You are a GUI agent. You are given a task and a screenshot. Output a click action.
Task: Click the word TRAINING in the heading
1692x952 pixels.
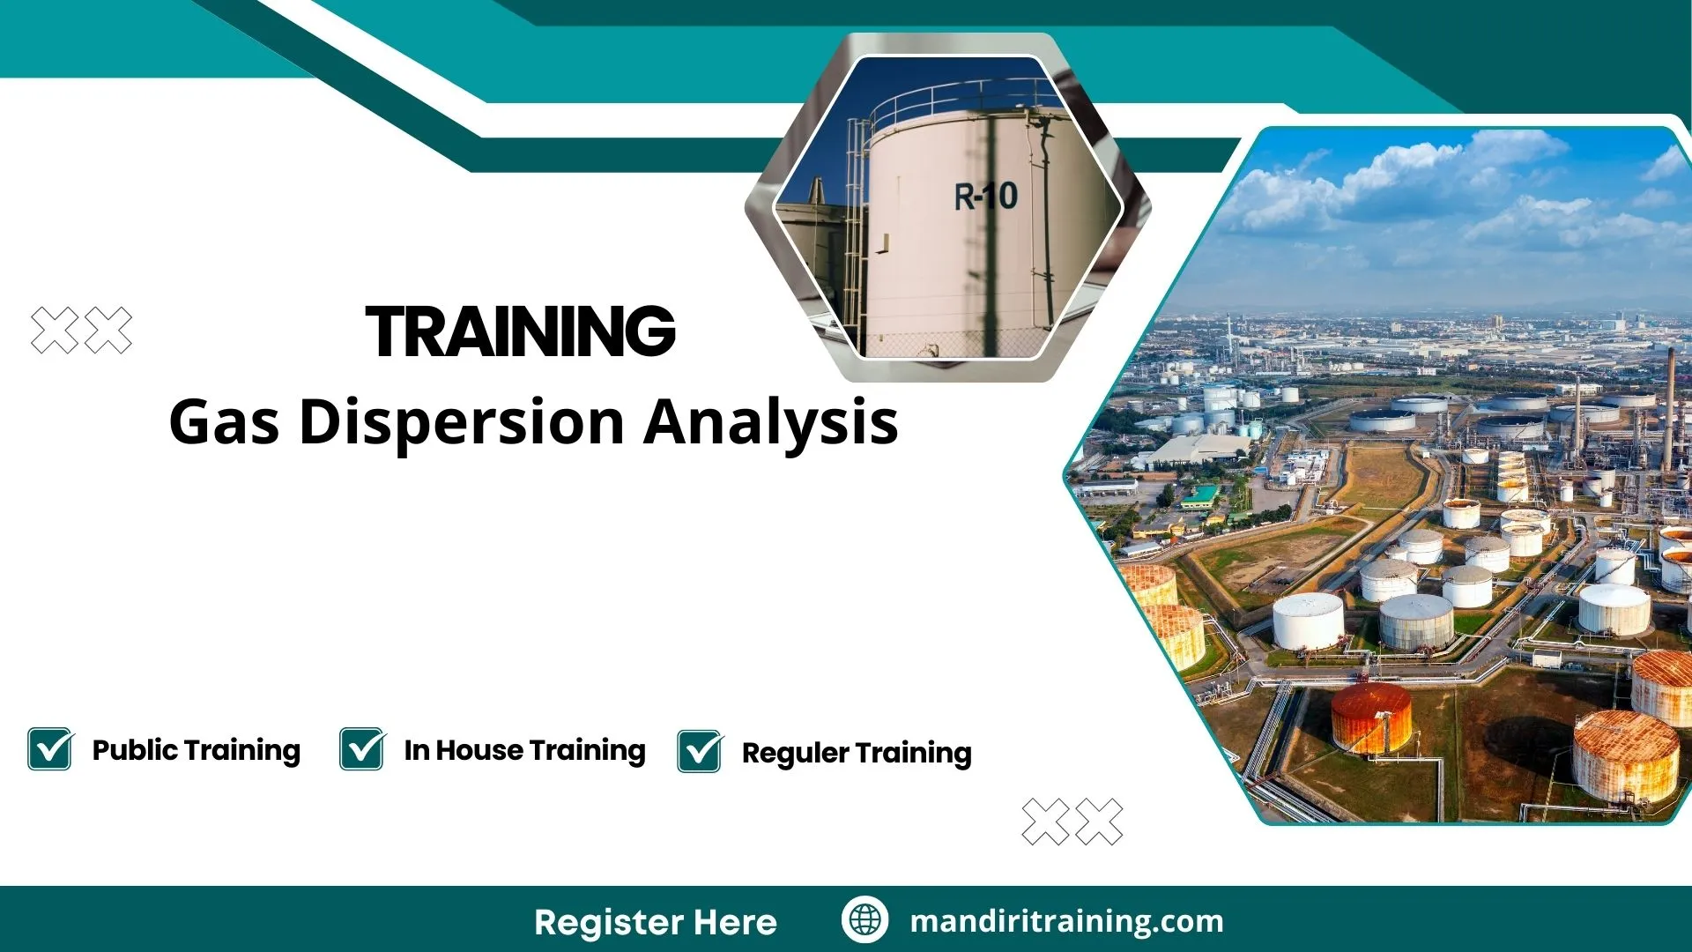[x=520, y=331]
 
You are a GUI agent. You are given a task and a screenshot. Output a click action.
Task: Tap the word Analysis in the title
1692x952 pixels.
[x=771, y=422]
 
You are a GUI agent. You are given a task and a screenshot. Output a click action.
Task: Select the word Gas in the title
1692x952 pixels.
[x=224, y=422]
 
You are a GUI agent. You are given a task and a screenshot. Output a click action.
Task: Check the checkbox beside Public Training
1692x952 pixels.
[x=50, y=749]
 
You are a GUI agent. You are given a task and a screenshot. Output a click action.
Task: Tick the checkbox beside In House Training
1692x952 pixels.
[x=362, y=749]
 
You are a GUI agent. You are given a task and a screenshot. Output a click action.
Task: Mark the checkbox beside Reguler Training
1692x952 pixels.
[x=701, y=752]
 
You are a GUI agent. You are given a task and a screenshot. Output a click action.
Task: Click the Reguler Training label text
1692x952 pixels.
[x=856, y=753]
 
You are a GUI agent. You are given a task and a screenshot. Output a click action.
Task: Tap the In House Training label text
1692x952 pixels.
[x=524, y=750]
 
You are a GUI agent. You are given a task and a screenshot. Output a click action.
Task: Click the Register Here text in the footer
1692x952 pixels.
[x=655, y=922]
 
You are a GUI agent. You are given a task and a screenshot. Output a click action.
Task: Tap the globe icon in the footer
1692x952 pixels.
[x=865, y=920]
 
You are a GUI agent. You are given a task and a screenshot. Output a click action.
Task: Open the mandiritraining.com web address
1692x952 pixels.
[x=1066, y=921]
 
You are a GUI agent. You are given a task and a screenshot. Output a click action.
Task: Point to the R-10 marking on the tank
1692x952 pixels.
[x=985, y=196]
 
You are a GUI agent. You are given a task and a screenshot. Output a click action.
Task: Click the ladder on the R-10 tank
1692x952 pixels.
[x=854, y=238]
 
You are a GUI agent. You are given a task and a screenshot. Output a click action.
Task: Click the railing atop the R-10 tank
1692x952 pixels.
[x=961, y=97]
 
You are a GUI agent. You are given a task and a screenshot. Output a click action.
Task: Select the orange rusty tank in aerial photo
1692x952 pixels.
[x=1370, y=718]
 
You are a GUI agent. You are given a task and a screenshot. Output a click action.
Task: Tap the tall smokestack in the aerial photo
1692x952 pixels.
[x=1669, y=405]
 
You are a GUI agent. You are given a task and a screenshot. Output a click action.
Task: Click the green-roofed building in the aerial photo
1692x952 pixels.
[x=1200, y=496]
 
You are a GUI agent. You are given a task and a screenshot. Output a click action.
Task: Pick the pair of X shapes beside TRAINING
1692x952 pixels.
[x=81, y=331]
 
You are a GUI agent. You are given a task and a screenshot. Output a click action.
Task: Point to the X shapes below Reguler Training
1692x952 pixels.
[x=1072, y=822]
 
